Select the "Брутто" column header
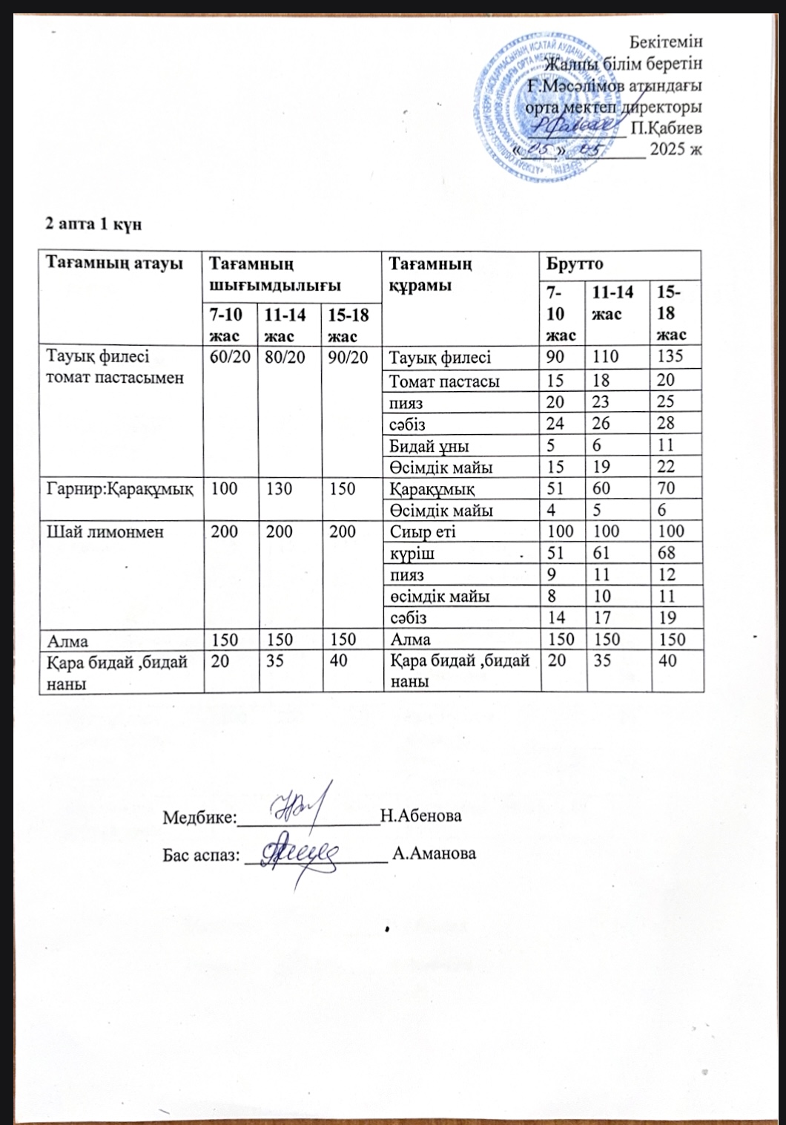574,264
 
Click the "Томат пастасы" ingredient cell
444,381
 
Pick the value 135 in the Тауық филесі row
670,357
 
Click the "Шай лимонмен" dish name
105,531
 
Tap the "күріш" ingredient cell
412,553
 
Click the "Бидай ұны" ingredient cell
429,445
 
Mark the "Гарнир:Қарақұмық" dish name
120,488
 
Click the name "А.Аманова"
435,853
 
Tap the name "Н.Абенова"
420,816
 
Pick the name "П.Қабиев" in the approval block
666,128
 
